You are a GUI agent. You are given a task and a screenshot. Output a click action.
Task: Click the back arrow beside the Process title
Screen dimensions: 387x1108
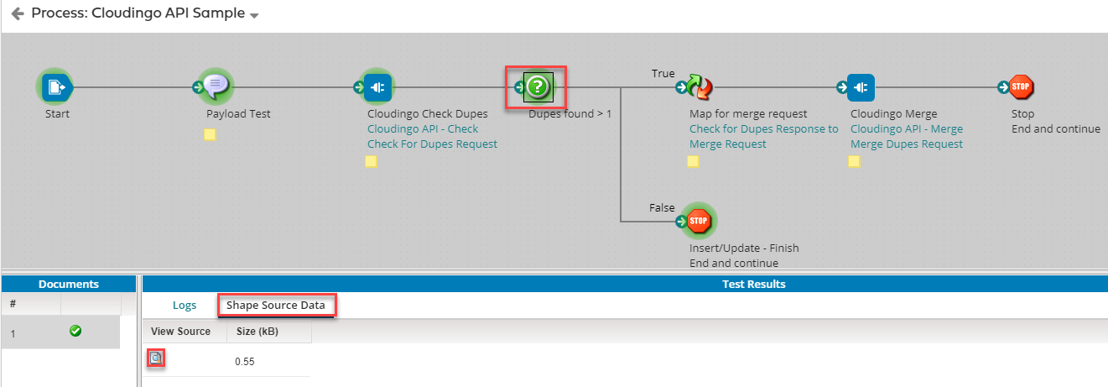(x=17, y=14)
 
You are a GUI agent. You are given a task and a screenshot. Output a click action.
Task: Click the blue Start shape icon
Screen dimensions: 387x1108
(x=55, y=86)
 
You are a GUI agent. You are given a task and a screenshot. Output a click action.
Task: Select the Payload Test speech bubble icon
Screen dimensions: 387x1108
(x=216, y=86)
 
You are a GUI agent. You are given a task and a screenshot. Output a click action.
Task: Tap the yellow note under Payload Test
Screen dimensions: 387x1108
(x=211, y=134)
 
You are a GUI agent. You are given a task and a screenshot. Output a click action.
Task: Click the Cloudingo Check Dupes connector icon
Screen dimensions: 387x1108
(x=377, y=86)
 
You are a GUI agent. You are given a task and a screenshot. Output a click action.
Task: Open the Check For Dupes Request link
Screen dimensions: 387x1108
(x=432, y=144)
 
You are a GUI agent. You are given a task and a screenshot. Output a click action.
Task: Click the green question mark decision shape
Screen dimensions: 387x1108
(x=538, y=86)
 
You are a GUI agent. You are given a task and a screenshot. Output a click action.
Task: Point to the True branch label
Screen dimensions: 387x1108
(x=663, y=74)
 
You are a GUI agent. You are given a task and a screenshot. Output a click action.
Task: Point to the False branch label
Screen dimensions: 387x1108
(x=662, y=207)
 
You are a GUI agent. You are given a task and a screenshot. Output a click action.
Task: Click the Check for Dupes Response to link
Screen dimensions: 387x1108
(x=763, y=128)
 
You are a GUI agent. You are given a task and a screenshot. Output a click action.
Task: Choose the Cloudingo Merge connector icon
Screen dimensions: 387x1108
(x=861, y=86)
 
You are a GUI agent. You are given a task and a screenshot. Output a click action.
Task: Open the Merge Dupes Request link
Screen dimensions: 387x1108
(x=906, y=144)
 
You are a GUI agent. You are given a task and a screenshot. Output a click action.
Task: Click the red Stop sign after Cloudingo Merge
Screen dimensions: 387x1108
(x=1021, y=86)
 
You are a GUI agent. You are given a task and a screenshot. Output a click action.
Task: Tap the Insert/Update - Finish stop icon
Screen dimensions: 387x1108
(x=699, y=222)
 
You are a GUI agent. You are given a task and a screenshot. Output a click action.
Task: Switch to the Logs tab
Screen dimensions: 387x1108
(x=185, y=305)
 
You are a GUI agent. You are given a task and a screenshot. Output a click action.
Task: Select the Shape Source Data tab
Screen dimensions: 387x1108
(x=276, y=305)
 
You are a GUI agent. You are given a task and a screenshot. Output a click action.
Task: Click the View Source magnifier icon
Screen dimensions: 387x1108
(x=155, y=358)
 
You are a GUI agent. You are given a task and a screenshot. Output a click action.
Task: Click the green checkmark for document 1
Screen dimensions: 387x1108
(x=75, y=332)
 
